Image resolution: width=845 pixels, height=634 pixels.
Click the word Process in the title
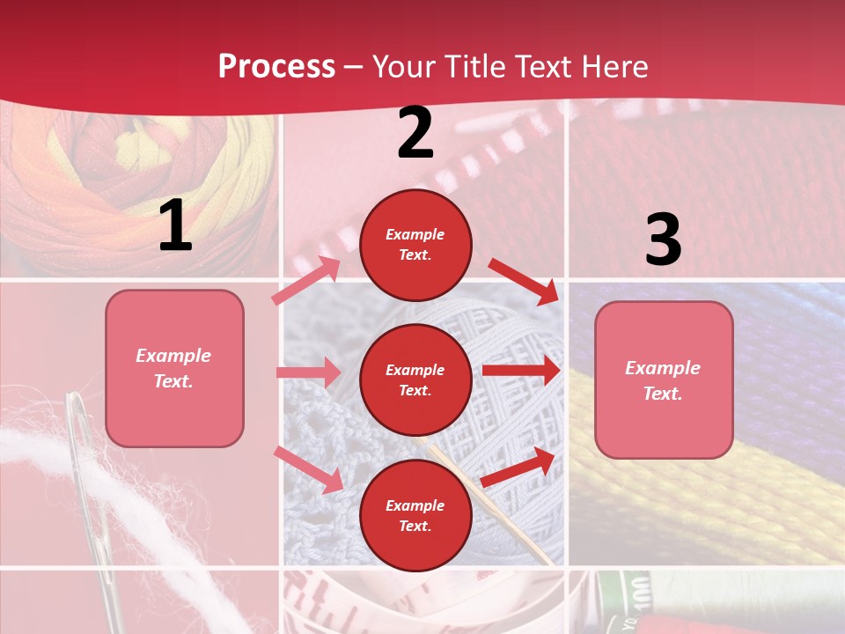(x=276, y=66)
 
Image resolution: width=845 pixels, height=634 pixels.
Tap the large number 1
(x=175, y=226)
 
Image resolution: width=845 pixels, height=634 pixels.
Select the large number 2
(x=415, y=134)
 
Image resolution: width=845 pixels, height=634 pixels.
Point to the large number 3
(x=663, y=240)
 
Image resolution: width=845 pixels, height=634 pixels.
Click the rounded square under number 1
(x=174, y=368)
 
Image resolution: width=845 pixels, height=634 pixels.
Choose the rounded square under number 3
(x=664, y=380)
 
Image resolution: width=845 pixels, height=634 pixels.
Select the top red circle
(x=415, y=245)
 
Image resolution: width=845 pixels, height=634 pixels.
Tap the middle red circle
(x=415, y=380)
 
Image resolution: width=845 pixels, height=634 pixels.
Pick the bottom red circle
(x=415, y=515)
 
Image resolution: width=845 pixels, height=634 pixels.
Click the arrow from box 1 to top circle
(x=307, y=280)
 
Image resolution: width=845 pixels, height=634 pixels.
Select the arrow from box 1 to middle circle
(x=308, y=372)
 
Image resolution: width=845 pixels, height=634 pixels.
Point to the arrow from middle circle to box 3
(x=521, y=370)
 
